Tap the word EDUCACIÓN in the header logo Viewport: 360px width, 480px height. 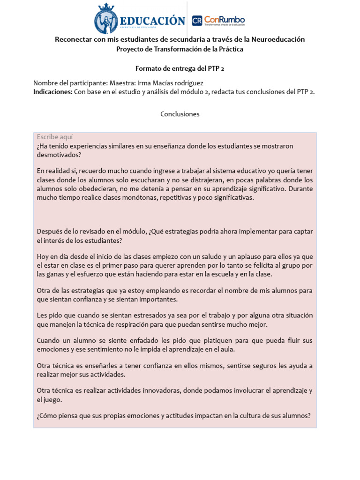(152, 21)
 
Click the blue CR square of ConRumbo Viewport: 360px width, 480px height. (197, 21)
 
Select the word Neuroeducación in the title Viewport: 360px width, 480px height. (278, 39)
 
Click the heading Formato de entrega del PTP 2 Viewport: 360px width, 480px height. (180, 68)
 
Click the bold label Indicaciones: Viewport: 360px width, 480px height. (52, 92)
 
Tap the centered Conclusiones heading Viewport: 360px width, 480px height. (180, 114)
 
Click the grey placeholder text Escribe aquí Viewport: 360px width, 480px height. (55, 137)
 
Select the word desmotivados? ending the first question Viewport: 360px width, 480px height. (59, 155)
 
